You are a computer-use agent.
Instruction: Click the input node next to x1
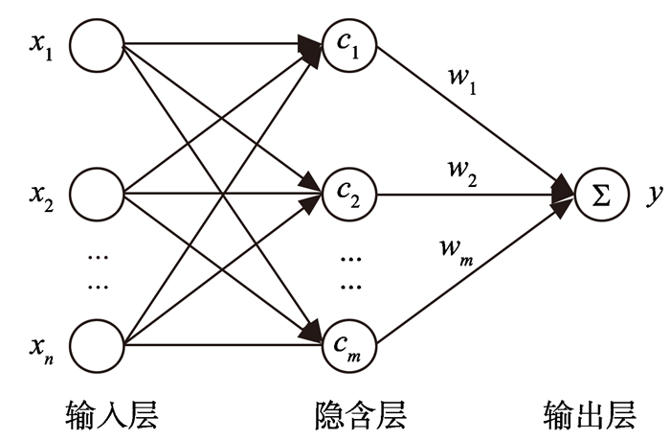click(97, 45)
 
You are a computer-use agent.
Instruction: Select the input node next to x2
click(97, 196)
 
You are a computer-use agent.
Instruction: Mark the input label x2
click(41, 197)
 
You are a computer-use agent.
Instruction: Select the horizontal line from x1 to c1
click(211, 44)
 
